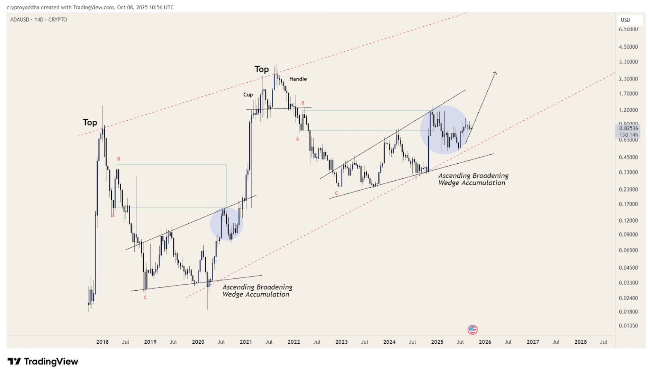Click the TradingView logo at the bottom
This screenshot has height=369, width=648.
tap(43, 361)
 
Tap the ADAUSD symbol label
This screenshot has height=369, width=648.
tap(20, 20)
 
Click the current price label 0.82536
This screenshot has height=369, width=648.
tap(628, 128)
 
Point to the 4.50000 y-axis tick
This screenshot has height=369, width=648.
tap(628, 47)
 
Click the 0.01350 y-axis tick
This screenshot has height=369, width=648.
tap(628, 326)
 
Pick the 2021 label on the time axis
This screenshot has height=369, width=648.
tap(246, 342)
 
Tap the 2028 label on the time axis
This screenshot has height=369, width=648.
tap(580, 342)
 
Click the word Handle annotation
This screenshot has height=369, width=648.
tap(298, 79)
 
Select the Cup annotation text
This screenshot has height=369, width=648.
tap(248, 95)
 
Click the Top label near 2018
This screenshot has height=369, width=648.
tap(90, 122)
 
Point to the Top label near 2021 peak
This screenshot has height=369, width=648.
tap(262, 69)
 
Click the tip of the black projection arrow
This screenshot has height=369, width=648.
tap(496, 72)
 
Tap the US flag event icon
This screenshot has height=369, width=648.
tap(472, 329)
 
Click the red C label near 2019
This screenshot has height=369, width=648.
tap(145, 298)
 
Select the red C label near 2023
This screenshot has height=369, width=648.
tap(336, 193)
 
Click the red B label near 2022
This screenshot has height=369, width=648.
tap(303, 103)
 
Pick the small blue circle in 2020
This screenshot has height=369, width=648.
tap(226, 224)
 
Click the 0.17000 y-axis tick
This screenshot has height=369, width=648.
tap(628, 204)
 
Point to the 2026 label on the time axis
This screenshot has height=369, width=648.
tap(485, 342)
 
